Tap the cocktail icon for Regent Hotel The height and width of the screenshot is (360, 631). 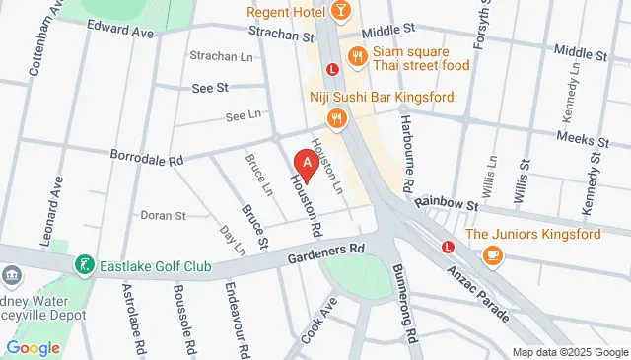tap(339, 11)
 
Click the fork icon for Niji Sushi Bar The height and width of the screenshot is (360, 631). tap(337, 119)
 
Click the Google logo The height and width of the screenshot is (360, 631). tap(34, 346)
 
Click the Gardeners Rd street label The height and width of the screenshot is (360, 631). tap(326, 248)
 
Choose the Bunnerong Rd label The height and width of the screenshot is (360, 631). tap(410, 299)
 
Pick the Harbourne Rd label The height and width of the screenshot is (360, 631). tap(405, 153)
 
